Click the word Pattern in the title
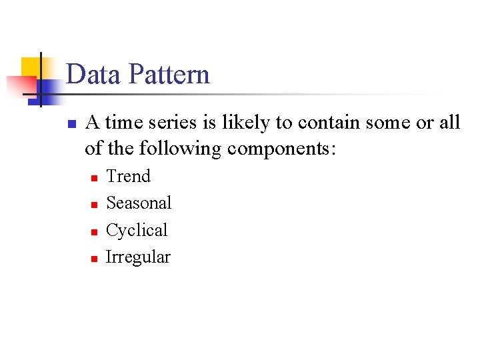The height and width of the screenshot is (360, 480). click(170, 74)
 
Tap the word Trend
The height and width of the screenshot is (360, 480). click(129, 176)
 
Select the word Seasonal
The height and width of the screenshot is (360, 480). click(139, 203)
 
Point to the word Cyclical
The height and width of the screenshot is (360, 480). click(137, 231)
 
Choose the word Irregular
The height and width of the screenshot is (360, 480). click(138, 257)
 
